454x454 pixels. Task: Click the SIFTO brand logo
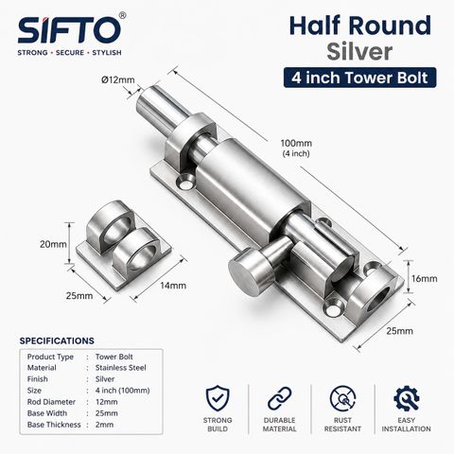[70, 30]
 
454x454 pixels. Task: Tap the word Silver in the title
[359, 52]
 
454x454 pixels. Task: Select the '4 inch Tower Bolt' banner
[359, 78]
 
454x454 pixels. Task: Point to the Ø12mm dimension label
[118, 79]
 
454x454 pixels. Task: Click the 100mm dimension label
[296, 144]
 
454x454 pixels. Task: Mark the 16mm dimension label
[424, 279]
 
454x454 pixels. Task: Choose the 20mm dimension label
[53, 244]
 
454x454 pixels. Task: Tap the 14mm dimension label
[173, 286]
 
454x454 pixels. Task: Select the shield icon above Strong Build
[218, 398]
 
